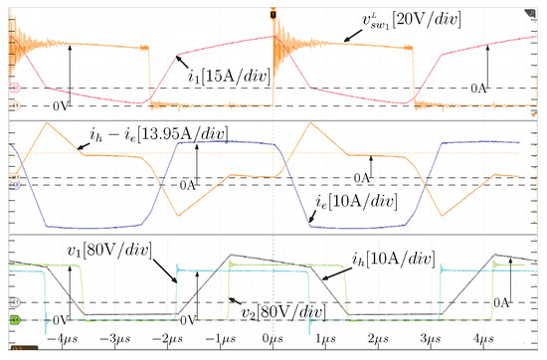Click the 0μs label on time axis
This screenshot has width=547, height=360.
[x=272, y=341]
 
